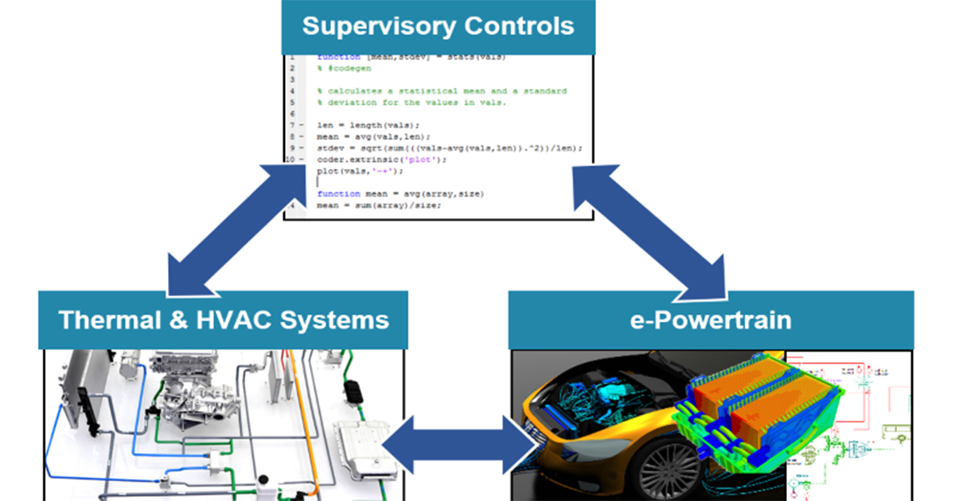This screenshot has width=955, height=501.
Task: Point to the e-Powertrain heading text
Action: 710,320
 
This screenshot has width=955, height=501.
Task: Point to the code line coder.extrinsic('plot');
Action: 371,159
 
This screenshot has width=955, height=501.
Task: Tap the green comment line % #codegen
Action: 344,68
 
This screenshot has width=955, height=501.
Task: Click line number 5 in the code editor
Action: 292,103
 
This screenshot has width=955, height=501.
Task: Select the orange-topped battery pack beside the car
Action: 756,406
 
